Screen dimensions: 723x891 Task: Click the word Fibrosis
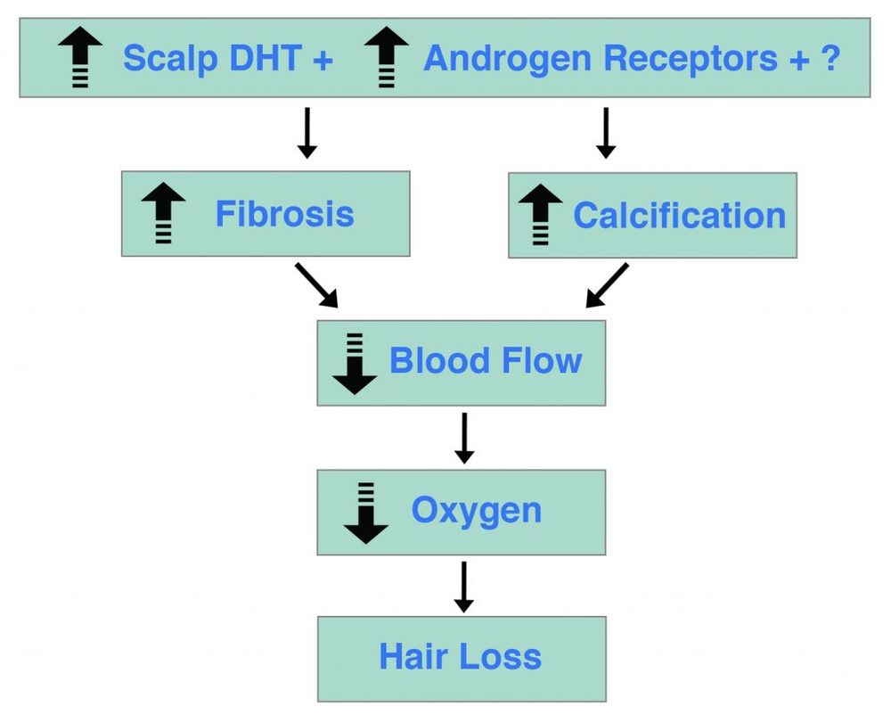tap(284, 215)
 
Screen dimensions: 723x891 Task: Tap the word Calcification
tap(679, 216)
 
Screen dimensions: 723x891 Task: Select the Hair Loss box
tap(461, 658)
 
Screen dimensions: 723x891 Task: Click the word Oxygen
tap(476, 511)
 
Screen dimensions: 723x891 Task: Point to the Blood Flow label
tap(486, 361)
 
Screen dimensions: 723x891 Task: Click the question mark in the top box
tap(830, 59)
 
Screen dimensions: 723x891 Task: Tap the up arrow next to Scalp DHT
tap(80, 57)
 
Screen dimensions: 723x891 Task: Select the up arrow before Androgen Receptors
tap(387, 57)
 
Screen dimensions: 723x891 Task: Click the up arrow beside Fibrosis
tap(163, 214)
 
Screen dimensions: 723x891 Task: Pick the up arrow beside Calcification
tap(540, 215)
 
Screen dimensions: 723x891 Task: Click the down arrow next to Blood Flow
tap(355, 364)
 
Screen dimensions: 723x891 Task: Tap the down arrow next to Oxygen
tap(365, 513)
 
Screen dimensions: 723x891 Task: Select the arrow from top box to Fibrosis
tap(307, 133)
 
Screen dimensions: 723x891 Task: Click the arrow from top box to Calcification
tap(606, 133)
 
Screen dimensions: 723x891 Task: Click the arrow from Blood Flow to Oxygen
tap(463, 438)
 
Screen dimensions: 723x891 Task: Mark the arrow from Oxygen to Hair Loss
tap(463, 586)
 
